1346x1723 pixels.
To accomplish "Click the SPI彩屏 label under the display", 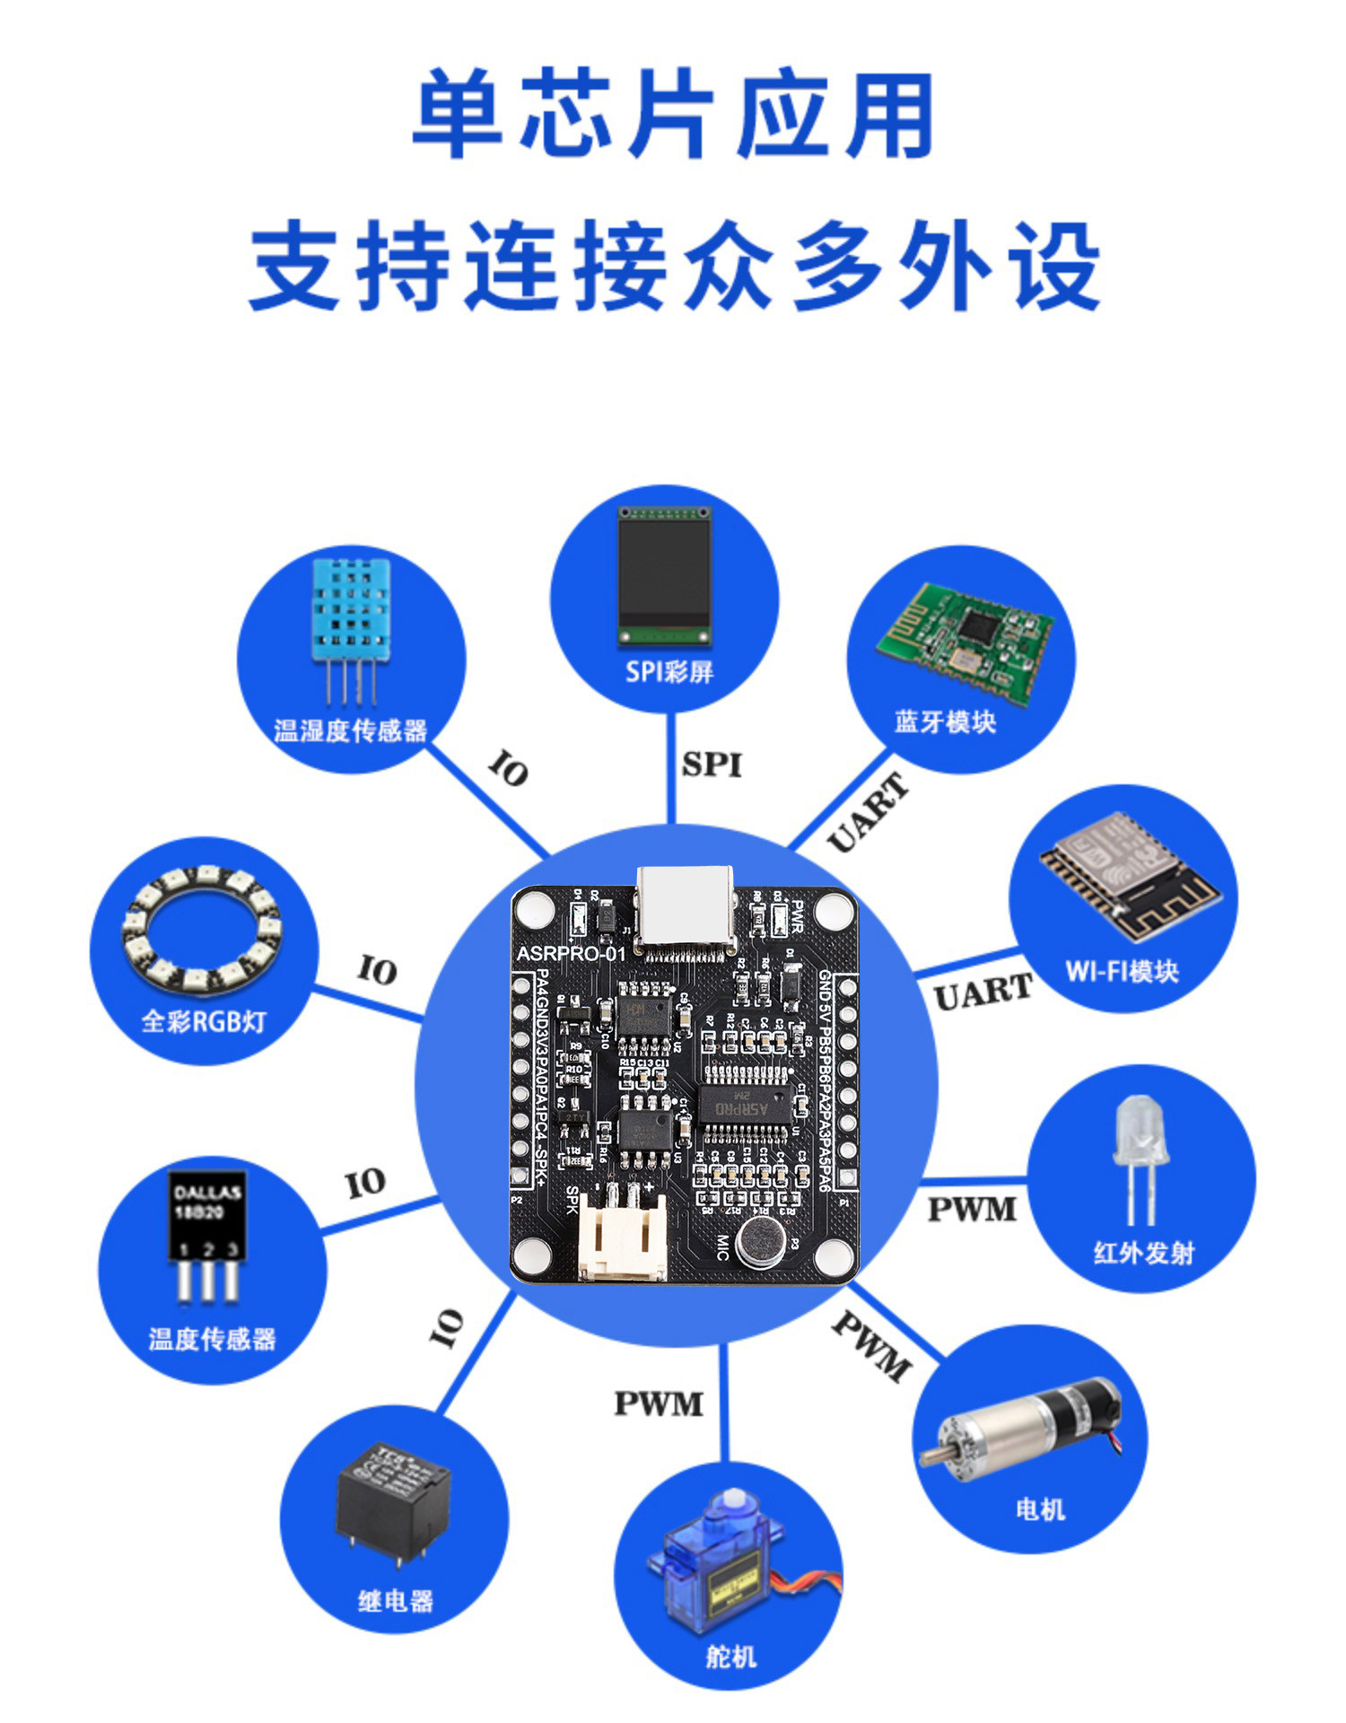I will click(669, 671).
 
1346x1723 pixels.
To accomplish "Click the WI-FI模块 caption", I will click(1122, 971).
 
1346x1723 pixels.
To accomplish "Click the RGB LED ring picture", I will click(202, 929).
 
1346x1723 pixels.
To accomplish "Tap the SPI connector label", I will click(712, 765).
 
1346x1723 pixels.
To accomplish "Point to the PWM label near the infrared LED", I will click(972, 1209).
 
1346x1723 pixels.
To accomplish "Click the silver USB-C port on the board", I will click(685, 906).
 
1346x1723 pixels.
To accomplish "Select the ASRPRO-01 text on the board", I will click(571, 953).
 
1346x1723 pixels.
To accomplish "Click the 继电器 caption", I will click(396, 1600).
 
